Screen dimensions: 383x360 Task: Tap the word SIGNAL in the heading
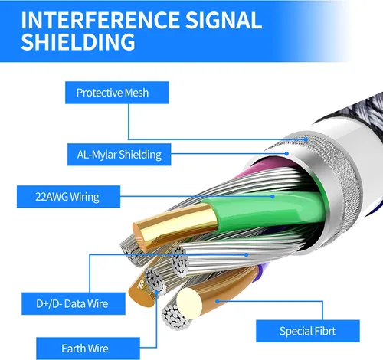(224, 20)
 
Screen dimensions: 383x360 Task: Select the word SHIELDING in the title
(78, 41)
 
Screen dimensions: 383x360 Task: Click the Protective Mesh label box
(117, 93)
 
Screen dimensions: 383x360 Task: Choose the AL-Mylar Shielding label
(119, 155)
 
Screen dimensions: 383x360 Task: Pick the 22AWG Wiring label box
(68, 197)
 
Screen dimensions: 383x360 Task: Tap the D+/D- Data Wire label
(74, 303)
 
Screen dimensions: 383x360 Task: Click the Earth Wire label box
(88, 349)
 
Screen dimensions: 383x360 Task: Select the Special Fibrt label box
(308, 331)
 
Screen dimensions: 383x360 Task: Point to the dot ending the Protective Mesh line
(306, 139)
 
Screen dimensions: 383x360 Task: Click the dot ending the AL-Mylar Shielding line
(286, 154)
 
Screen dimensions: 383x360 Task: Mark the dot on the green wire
(273, 196)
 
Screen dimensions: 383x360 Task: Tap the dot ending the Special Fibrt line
(218, 301)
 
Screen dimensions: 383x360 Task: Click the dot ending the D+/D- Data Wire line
(246, 254)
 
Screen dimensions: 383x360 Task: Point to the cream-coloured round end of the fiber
(189, 303)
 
